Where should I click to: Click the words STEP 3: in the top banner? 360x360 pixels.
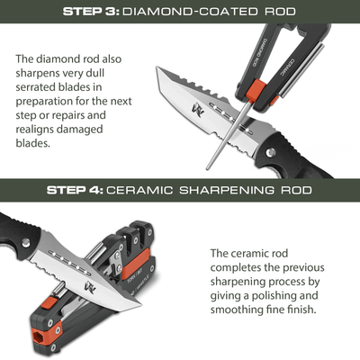(x=91, y=12)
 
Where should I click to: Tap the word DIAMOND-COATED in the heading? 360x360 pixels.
(x=190, y=12)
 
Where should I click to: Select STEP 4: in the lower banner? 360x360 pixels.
(x=75, y=190)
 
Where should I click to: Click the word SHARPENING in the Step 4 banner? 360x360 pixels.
(x=227, y=190)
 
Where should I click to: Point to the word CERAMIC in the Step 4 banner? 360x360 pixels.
(x=139, y=190)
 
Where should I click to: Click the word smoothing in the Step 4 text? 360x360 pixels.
(x=236, y=310)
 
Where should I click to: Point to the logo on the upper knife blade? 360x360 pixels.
(x=198, y=110)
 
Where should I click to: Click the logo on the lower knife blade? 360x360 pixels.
(x=90, y=287)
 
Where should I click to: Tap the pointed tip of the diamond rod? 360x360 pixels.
(x=207, y=168)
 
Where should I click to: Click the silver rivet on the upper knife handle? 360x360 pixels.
(x=271, y=153)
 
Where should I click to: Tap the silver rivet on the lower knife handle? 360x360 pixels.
(x=26, y=243)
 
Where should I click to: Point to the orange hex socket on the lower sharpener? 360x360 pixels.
(x=38, y=334)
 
